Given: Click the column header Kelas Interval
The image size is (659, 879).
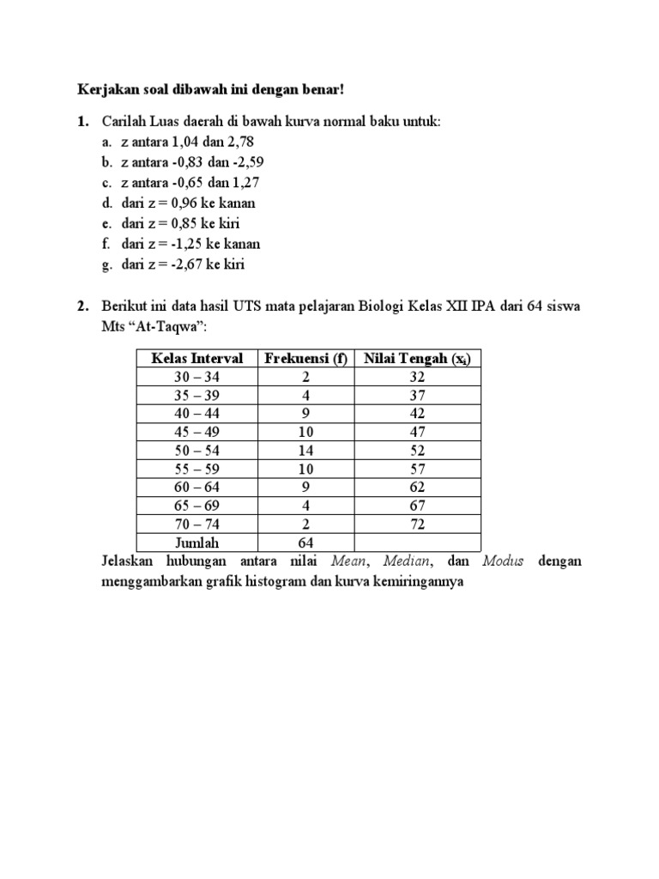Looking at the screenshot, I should pyautogui.click(x=197, y=358).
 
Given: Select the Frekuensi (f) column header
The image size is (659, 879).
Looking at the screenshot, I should pyautogui.click(x=306, y=358).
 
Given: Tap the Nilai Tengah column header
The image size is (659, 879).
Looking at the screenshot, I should pyautogui.click(x=417, y=358).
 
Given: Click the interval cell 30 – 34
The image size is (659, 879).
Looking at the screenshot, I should pyautogui.click(x=197, y=377).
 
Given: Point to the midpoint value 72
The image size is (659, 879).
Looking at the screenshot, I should pyautogui.click(x=417, y=524).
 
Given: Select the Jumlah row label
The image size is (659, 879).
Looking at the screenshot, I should pyautogui.click(x=197, y=543).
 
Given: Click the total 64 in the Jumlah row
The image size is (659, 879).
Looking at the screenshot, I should pyautogui.click(x=306, y=543).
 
